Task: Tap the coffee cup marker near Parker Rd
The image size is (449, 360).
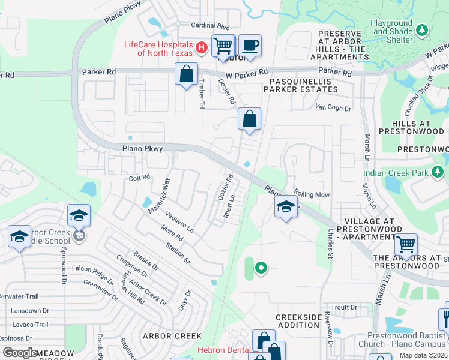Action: (250, 46)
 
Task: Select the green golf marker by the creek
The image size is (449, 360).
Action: (261, 268)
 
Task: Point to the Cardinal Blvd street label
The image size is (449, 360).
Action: (210, 26)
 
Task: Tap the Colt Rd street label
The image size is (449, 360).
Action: (139, 178)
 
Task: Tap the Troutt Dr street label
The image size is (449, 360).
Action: (344, 307)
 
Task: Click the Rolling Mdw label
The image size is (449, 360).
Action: (312, 194)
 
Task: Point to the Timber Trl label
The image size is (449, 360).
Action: (202, 94)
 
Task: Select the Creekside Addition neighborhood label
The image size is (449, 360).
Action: (298, 321)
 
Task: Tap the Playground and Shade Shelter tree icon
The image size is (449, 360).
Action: (422, 29)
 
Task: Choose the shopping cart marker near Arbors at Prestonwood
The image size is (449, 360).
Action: (406, 244)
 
